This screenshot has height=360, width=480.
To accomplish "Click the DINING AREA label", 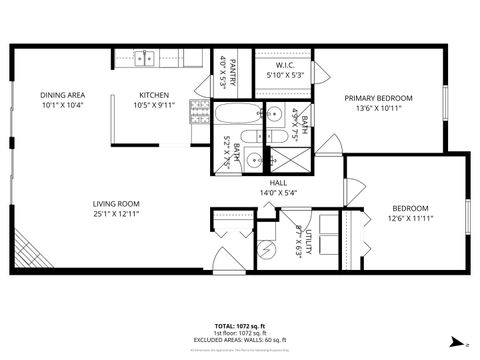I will coord(62,96).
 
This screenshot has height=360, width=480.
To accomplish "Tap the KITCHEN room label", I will coord(155,96).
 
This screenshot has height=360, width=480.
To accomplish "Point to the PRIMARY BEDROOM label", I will coord(373,98).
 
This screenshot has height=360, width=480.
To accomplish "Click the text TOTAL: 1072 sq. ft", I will coord(239,326).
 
